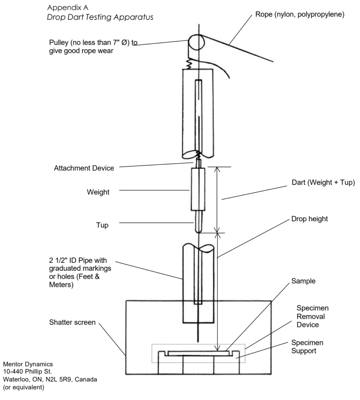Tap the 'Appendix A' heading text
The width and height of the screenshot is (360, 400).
click(x=68, y=8)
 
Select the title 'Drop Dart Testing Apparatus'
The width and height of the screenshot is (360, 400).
click(x=100, y=17)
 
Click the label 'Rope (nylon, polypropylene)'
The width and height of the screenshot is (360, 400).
click(x=300, y=14)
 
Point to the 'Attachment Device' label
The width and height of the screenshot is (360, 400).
click(x=84, y=168)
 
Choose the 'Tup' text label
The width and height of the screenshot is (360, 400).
click(x=102, y=225)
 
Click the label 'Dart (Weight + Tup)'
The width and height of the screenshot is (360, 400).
click(x=323, y=182)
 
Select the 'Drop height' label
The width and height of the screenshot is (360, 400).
click(x=310, y=219)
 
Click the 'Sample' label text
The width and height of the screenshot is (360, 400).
click(x=303, y=281)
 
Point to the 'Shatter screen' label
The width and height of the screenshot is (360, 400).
click(x=72, y=322)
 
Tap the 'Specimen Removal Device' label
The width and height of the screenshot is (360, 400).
click(x=313, y=316)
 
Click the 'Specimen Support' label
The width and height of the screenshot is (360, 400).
click(x=307, y=347)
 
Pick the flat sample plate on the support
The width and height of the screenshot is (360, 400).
click(x=198, y=353)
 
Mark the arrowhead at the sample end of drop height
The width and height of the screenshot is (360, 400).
click(x=217, y=348)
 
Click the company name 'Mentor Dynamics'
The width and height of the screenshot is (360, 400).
click(x=28, y=364)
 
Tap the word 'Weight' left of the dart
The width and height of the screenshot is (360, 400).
click(x=98, y=192)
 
